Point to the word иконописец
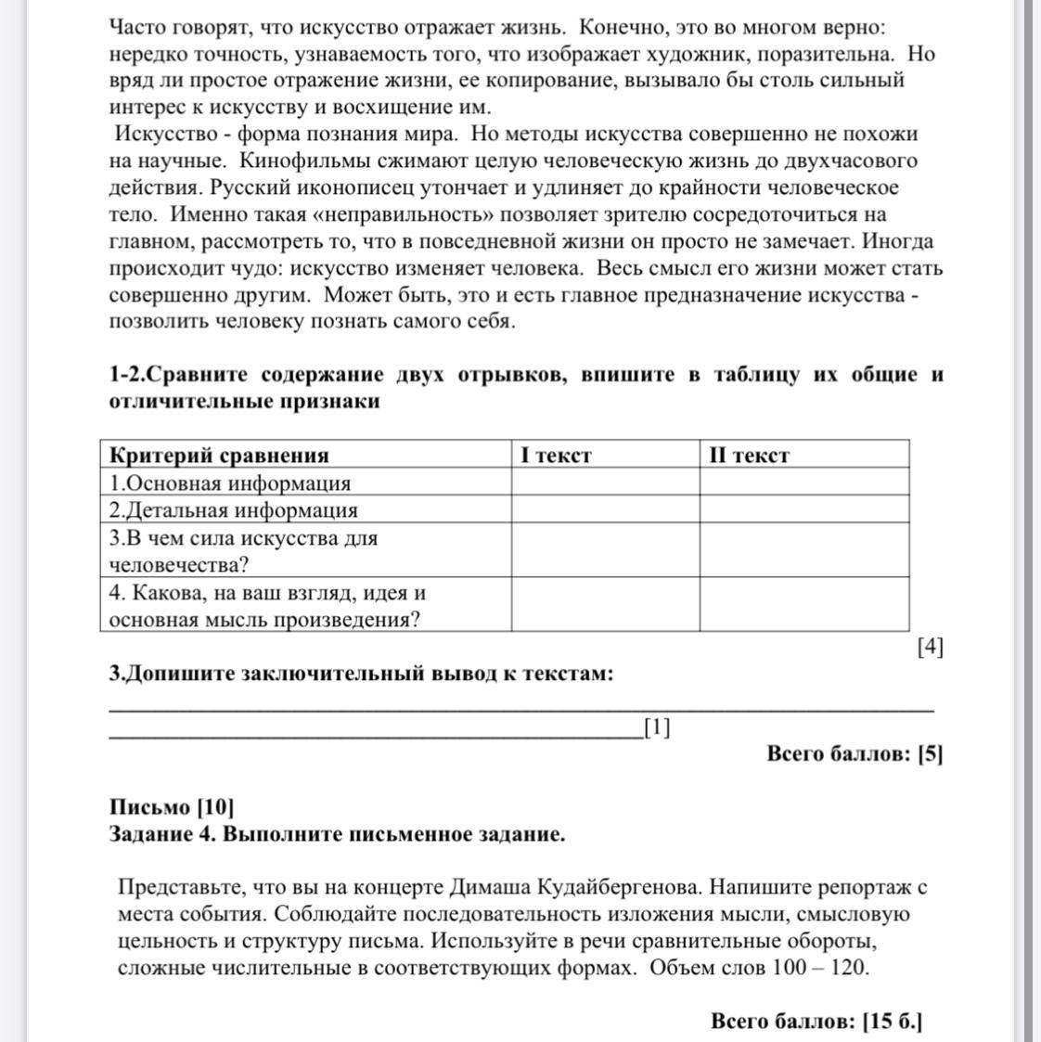[350, 187]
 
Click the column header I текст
[556, 455]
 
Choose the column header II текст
[749, 455]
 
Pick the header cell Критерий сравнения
[219, 455]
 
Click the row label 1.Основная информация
[230, 482]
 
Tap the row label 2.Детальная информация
[233, 509]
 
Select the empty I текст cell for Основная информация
[605, 482]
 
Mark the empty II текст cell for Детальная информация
[803, 509]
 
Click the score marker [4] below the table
[930, 647]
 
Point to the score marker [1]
[656, 727]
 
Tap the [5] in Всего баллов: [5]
[930, 753]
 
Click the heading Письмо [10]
[172, 806]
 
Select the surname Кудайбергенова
[650, 886]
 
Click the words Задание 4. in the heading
[162, 833]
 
